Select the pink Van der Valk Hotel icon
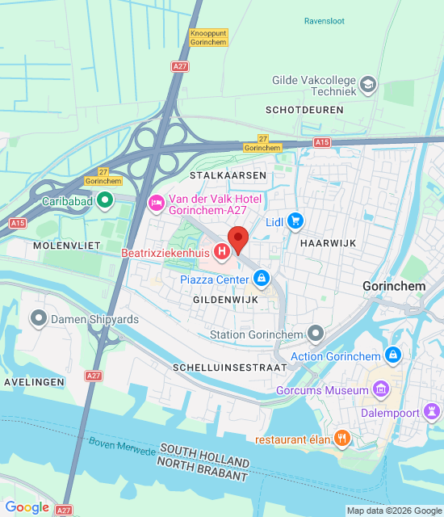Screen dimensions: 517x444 [156, 202]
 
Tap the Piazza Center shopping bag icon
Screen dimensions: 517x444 [261, 280]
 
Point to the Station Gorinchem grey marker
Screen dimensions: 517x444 [316, 334]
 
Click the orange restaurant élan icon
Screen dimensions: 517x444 [342, 439]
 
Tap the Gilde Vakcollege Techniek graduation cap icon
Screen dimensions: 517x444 [368, 84]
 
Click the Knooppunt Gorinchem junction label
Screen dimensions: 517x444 [207, 37]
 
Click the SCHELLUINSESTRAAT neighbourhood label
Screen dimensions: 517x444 [230, 367]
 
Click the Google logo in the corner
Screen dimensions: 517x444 [27, 507]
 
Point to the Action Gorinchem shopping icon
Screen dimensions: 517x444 [392, 355]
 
